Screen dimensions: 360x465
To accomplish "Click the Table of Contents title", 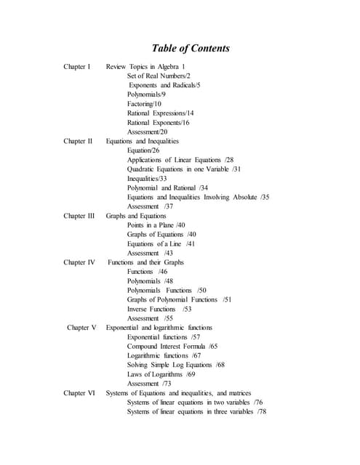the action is pyautogui.click(x=190, y=49).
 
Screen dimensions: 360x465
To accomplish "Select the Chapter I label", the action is pyautogui.click(x=77, y=67).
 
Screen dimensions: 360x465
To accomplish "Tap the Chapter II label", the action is pyautogui.click(x=78, y=141).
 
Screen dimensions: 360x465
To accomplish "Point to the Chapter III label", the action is pyautogui.click(x=79, y=216).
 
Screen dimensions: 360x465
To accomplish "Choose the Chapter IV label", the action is pyautogui.click(x=79, y=262).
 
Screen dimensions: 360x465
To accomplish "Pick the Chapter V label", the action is pyautogui.click(x=81, y=328).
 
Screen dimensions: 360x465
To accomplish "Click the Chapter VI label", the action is pyautogui.click(x=79, y=393).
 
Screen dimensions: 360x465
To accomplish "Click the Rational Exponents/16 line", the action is pyautogui.click(x=158, y=123).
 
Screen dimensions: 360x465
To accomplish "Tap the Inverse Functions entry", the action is pyautogui.click(x=159, y=309).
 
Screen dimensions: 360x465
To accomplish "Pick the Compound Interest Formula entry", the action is pyautogui.click(x=172, y=347).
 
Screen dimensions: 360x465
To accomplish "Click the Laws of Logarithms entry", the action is pyautogui.click(x=161, y=374).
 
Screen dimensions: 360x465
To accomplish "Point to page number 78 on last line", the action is pyautogui.click(x=262, y=412).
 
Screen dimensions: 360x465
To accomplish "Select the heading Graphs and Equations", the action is pyautogui.click(x=137, y=216).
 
